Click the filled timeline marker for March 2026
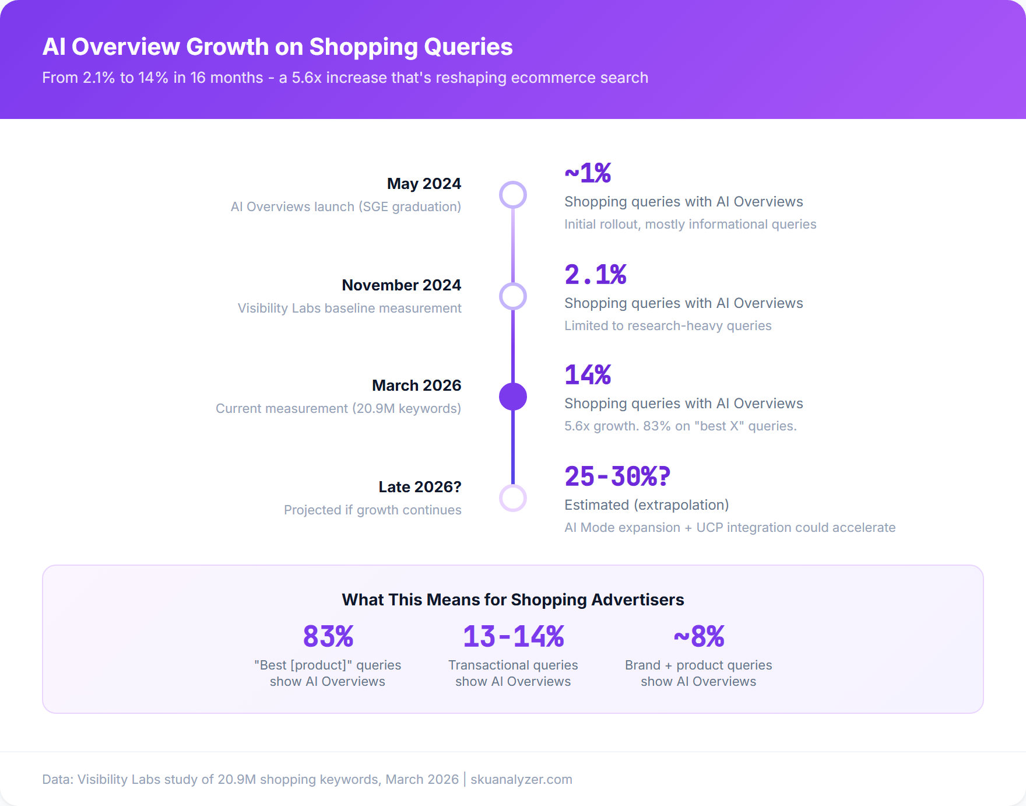[x=513, y=397]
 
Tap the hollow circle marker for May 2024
[x=513, y=195]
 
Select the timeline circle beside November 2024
[x=513, y=296]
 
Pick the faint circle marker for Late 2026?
[x=513, y=498]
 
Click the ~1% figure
[x=588, y=173]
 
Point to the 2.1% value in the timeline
[x=595, y=275]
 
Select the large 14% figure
[x=588, y=375]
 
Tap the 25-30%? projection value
[x=617, y=476]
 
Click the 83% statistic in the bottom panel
[x=328, y=636]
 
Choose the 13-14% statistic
[x=513, y=636]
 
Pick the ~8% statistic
[x=698, y=636]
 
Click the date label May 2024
[x=424, y=184]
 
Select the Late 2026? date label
[x=420, y=487]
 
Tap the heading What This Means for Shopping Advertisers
[x=513, y=600]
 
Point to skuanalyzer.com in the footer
[x=521, y=779]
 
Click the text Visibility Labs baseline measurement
[x=349, y=308]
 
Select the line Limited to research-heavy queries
[x=667, y=325]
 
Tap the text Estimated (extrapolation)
[x=646, y=505]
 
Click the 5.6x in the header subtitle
[x=307, y=78]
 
